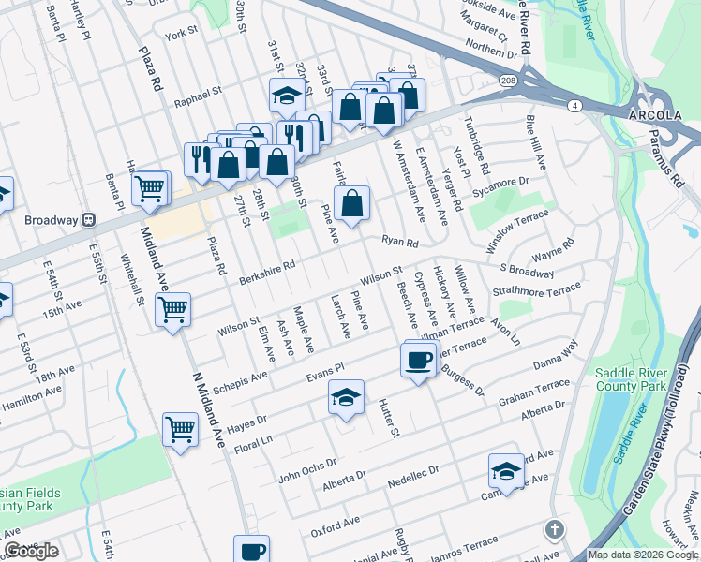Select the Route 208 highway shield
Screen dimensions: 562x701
coord(505,81)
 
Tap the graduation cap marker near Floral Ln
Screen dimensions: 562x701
coord(346,398)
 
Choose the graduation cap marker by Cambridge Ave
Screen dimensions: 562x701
coord(506,471)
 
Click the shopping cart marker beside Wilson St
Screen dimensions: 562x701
coord(173,309)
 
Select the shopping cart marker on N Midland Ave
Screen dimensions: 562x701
coord(180,430)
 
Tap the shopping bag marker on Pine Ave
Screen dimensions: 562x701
coord(351,203)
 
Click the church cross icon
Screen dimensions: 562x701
coord(555,530)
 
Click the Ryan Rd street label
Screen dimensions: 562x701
coord(399,241)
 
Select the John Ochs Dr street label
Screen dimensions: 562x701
coord(308,469)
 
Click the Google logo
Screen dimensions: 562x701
coord(31,551)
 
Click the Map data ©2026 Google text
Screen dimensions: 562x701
coord(643,555)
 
